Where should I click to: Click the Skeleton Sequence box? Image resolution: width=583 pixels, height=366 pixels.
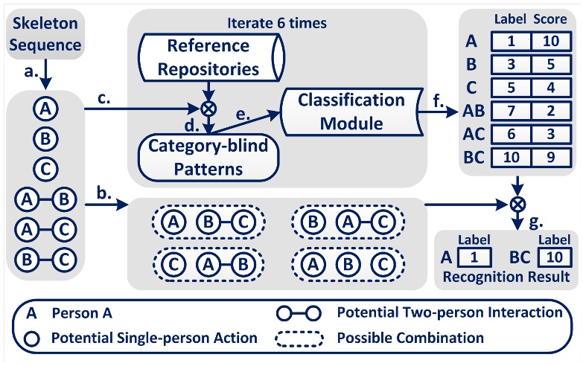click(45, 35)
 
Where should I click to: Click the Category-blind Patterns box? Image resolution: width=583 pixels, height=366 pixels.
click(208, 156)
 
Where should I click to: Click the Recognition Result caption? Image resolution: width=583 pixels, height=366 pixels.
click(506, 276)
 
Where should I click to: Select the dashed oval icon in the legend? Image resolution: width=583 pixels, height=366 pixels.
click(299, 338)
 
